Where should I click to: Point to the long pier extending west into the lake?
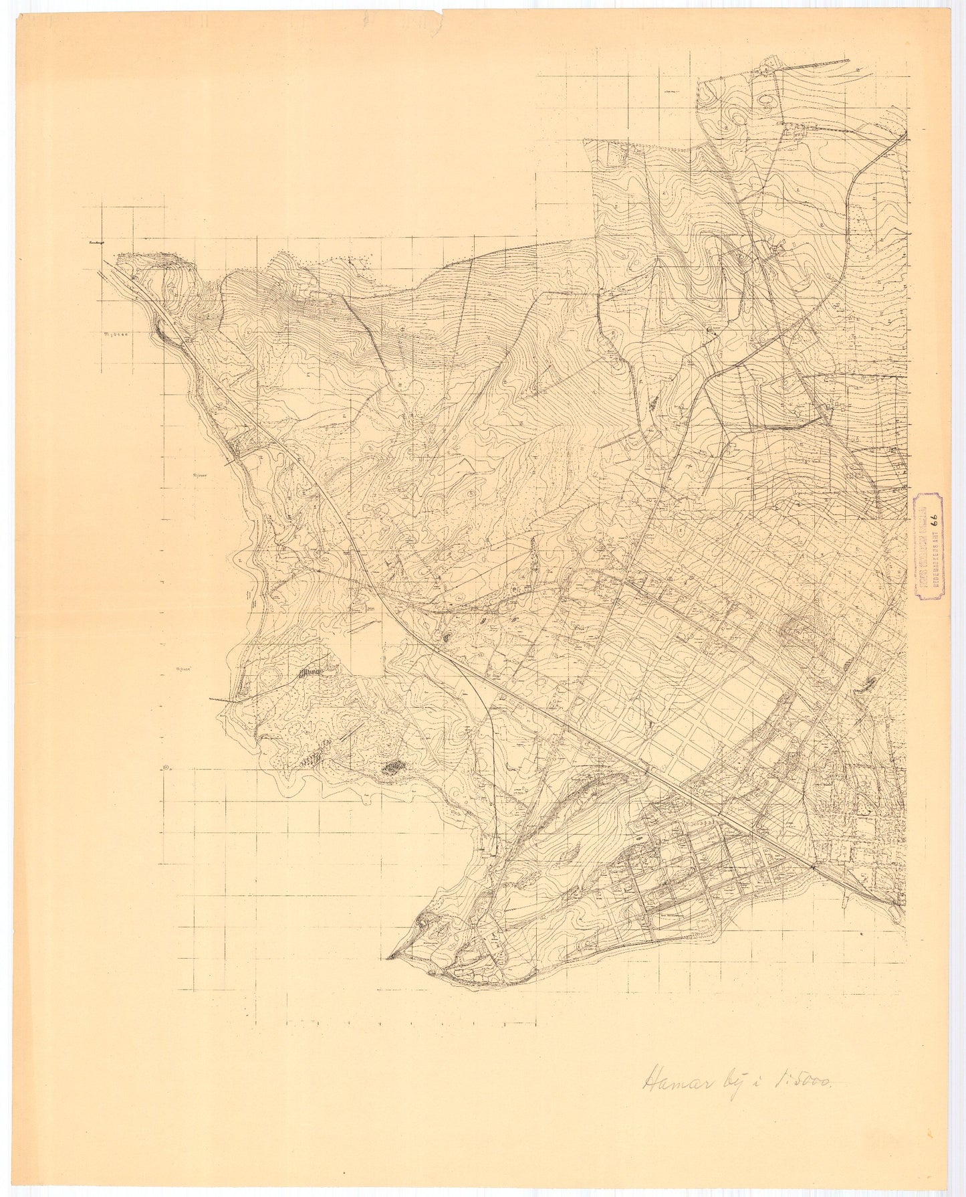[x=223, y=699]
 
